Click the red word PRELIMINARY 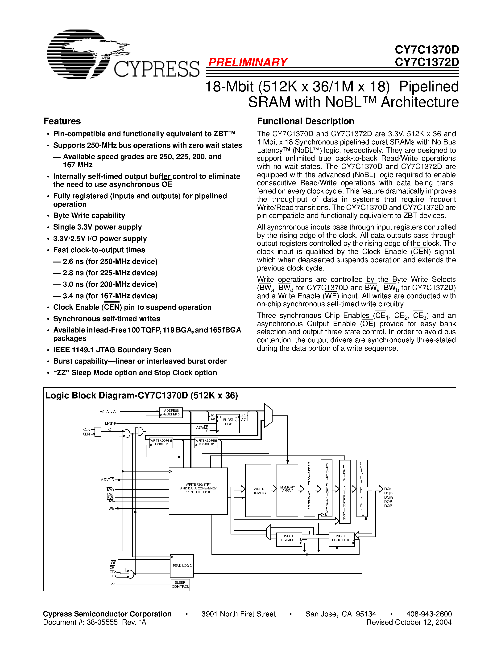(248, 62)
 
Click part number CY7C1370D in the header (426, 49)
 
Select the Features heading (62, 121)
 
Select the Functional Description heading (305, 121)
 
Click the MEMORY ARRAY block (287, 490)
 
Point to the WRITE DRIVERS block (258, 490)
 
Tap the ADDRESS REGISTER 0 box (171, 412)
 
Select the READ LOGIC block (182, 566)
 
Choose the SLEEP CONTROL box (180, 585)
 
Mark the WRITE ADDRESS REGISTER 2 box (206, 443)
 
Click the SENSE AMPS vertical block (309, 488)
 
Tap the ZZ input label (113, 584)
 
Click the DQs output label (388, 489)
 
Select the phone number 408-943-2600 (429, 614)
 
